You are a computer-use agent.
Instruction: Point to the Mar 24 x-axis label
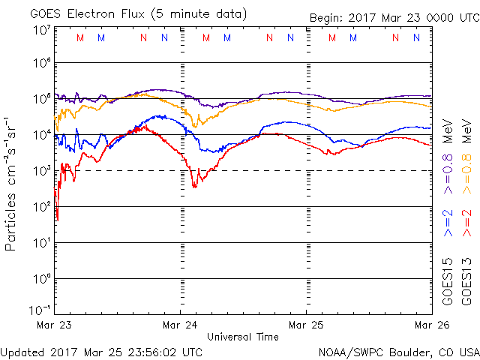coord(180,325)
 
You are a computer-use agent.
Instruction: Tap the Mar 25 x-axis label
coord(306,325)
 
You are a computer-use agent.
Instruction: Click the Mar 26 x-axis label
coord(430,325)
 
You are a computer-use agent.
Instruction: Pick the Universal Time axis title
coord(243,337)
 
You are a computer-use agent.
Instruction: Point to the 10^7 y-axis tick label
coord(41,30)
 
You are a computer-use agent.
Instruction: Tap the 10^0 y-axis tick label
coord(41,279)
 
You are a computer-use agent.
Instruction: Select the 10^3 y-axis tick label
coord(41,171)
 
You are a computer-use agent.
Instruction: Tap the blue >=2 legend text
coord(448,223)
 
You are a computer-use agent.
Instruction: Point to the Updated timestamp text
coord(101,351)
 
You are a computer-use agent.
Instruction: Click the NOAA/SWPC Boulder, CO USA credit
coord(398,351)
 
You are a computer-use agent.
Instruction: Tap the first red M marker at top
coord(80,37)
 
